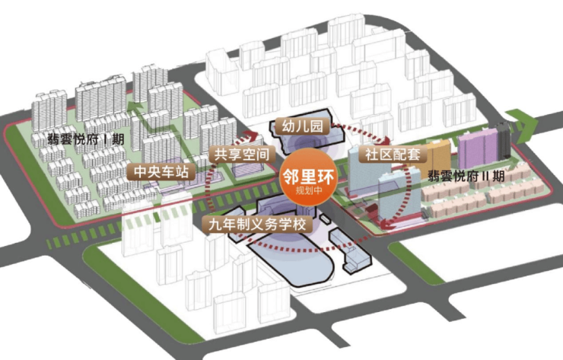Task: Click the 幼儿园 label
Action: tap(302, 126)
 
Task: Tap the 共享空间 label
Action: tap(242, 155)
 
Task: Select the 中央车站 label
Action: tap(161, 172)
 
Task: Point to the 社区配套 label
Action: tap(393, 155)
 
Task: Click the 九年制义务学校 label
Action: tap(257, 225)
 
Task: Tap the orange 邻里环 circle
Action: tap(309, 177)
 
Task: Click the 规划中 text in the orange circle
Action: tap(309, 190)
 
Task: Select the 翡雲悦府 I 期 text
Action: tap(86, 139)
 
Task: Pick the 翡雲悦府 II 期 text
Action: tap(466, 176)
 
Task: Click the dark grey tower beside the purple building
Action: tap(504, 139)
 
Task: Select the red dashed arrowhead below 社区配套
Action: tap(387, 224)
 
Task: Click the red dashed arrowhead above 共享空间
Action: tap(250, 135)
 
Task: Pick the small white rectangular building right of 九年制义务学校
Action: tap(324, 219)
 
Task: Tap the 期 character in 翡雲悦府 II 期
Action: tap(499, 176)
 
